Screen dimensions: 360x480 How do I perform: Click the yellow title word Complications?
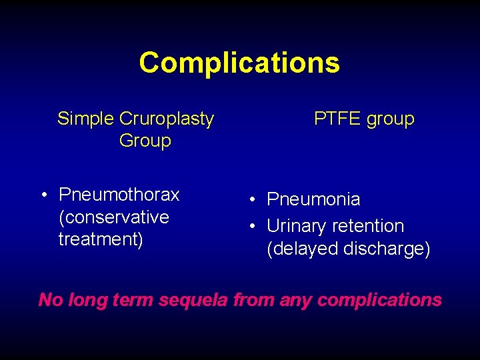239,63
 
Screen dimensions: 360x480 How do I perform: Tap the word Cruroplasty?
167,119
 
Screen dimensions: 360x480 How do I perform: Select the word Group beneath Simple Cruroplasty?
145,141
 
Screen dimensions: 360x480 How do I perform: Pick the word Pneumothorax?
119,195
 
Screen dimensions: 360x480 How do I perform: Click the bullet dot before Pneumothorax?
42,195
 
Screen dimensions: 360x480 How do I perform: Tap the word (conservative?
114,217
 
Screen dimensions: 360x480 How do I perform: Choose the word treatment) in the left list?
101,239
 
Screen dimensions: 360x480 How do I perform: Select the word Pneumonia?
313,199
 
